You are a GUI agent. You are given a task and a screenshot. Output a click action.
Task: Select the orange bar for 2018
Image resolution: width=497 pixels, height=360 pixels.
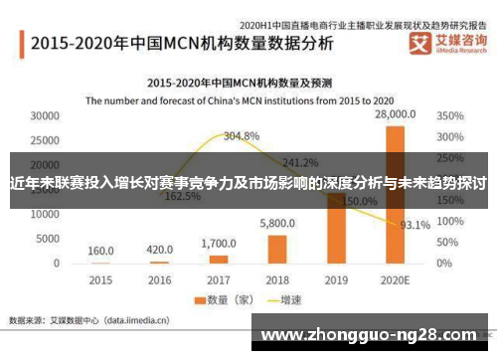point(278,248)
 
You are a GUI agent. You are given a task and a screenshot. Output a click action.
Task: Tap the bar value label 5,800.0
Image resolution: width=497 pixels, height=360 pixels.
point(278,225)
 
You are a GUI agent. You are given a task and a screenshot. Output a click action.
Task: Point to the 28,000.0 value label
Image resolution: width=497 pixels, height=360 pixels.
point(395,115)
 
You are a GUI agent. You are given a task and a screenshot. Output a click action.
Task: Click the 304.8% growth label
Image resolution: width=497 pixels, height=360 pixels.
point(242,135)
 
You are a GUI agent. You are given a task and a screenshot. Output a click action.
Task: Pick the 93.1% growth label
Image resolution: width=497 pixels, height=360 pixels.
point(414,225)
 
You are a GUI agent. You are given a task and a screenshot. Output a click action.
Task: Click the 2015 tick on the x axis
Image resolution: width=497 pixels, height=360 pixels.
point(100,279)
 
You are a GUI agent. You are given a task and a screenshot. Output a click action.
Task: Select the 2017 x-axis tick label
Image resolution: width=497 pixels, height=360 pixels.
point(219,279)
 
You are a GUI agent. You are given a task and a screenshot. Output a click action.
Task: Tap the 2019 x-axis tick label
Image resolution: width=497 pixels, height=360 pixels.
point(336,279)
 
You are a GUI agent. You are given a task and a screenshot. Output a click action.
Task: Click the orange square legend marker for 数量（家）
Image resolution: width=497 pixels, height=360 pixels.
point(199,299)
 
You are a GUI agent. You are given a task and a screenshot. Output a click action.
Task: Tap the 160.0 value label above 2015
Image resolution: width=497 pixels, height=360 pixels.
point(100,251)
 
